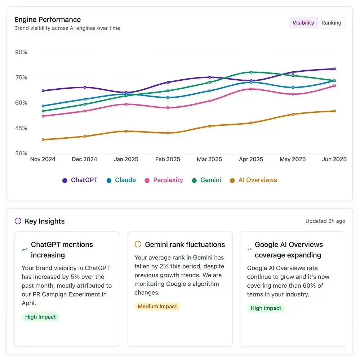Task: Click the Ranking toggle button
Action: coord(331,23)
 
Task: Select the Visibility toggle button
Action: coord(303,23)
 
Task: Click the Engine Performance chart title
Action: coord(48,19)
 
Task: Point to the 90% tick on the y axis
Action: coord(21,52)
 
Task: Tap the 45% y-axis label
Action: coord(21,128)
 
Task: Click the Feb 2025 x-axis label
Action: coord(168,159)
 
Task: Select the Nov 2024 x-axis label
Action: coord(43,159)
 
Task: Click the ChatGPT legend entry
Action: coord(80,180)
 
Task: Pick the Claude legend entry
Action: coord(121,180)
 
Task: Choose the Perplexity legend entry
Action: coord(164,180)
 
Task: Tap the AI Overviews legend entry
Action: coord(254,180)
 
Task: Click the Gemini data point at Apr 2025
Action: coord(251,72)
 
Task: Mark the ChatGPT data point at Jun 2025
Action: coord(334,69)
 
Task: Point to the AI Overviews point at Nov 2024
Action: coord(43,139)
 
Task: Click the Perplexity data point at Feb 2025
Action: coord(168,107)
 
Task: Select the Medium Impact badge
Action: coord(157,306)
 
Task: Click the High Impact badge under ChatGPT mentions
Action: coord(40,317)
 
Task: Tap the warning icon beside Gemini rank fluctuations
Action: coord(138,244)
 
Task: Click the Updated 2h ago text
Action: coord(325,221)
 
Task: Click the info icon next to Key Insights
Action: coord(18,221)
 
